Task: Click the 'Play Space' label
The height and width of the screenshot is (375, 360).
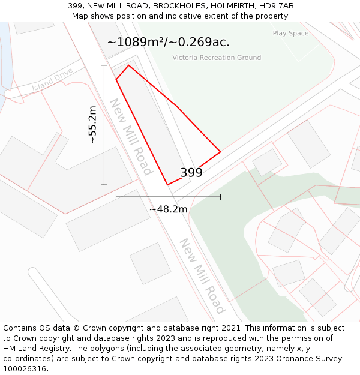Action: pos(290,34)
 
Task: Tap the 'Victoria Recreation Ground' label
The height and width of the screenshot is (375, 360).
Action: pos(217,58)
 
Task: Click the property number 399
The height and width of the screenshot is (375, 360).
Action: pos(191,173)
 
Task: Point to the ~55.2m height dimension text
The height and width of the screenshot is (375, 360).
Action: pos(92,125)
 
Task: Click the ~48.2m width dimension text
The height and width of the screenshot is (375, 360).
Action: pos(168,209)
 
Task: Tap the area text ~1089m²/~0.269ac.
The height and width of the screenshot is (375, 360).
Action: pos(168,42)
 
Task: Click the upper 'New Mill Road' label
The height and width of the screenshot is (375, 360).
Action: pos(130,137)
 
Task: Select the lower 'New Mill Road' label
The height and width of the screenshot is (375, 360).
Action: pos(202,276)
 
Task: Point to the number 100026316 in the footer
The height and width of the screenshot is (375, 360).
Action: pos(24,369)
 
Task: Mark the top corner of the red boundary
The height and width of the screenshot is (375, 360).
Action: pos(129,65)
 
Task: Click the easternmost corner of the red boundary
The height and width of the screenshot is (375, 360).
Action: pos(221,152)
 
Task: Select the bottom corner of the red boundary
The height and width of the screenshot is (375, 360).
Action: pos(168,185)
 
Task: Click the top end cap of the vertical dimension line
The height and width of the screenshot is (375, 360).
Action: pos(104,65)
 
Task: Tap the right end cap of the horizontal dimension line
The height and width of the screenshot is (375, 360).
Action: pos(221,196)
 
